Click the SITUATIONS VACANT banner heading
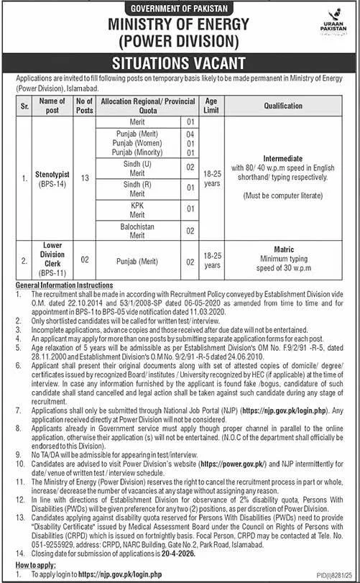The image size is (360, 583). pos(180,62)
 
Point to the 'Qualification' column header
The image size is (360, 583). pos(294,105)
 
